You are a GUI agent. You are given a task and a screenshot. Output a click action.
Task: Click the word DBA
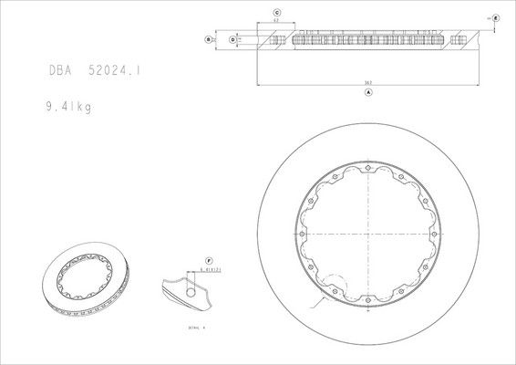tap(62, 69)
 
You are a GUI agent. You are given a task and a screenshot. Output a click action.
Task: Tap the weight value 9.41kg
tap(72, 106)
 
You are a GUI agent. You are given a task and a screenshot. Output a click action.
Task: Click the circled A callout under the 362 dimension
tap(367, 93)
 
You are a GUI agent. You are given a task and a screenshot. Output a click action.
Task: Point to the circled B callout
tap(209, 40)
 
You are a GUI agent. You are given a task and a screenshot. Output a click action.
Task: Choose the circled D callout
tap(233, 40)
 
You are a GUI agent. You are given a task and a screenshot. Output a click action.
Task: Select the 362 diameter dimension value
tap(367, 83)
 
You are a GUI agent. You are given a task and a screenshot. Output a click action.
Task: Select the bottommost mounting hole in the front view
tap(366, 304)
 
